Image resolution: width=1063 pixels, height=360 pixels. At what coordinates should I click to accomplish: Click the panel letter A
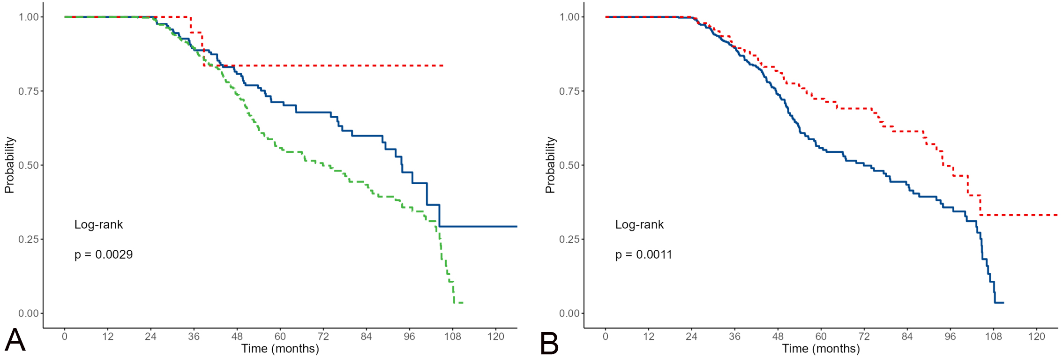tap(15, 341)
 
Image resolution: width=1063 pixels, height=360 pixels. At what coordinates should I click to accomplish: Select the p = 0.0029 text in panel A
tap(104, 255)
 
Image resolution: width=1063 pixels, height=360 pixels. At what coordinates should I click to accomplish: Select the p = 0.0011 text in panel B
tap(644, 255)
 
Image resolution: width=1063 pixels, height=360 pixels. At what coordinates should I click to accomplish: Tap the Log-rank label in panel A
tap(98, 225)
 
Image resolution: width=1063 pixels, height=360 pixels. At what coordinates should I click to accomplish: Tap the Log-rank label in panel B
tap(639, 225)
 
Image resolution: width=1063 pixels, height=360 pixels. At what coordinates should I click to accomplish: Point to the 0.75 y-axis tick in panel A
tap(28, 91)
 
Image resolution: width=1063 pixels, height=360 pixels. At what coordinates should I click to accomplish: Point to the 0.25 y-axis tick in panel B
tap(569, 239)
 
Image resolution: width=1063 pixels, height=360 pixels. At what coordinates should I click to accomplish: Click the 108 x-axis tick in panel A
tap(453, 336)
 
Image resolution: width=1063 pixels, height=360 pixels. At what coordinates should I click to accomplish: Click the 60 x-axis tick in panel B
tap(821, 336)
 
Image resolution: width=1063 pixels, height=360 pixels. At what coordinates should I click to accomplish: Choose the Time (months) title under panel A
tap(280, 349)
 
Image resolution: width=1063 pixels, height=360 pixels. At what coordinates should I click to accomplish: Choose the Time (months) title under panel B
tap(821, 349)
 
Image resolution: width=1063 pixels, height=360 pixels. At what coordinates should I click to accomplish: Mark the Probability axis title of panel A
tap(9, 165)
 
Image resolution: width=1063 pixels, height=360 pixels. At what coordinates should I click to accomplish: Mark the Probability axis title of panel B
tap(550, 165)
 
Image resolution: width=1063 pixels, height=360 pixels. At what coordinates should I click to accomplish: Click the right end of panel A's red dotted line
tap(443, 66)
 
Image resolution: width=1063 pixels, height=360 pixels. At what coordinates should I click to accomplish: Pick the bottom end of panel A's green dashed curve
tap(462, 303)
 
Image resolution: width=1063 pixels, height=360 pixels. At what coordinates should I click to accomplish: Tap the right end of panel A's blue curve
tap(517, 226)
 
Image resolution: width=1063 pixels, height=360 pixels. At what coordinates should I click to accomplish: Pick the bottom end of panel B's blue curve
tap(1003, 303)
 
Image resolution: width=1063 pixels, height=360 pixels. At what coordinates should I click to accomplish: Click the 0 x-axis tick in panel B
tap(606, 336)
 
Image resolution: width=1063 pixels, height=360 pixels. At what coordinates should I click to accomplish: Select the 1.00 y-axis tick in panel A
tap(28, 17)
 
